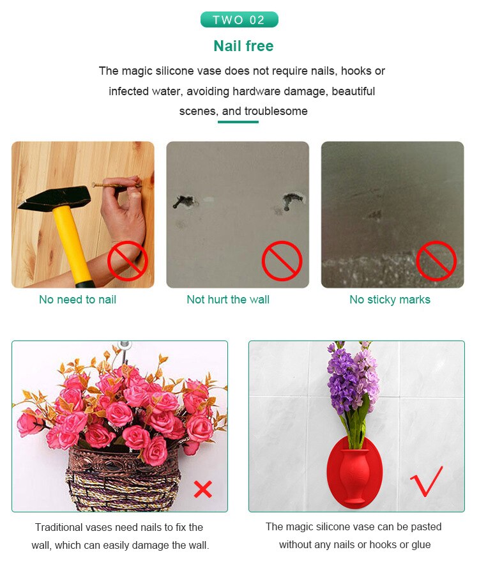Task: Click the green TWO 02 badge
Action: tap(239, 20)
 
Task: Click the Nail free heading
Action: tap(243, 46)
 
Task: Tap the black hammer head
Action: tap(54, 199)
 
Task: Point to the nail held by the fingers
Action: tap(115, 186)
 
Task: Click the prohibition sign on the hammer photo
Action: tap(127, 261)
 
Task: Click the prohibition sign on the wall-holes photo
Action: tap(282, 261)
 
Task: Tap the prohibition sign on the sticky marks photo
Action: tap(436, 261)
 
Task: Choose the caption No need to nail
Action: tap(77, 300)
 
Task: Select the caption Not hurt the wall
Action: tap(228, 300)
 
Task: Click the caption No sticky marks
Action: tap(390, 300)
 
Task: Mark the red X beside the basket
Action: tap(202, 489)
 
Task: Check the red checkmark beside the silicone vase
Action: tap(427, 481)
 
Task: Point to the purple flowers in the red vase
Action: tap(350, 383)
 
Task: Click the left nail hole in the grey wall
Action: tap(182, 202)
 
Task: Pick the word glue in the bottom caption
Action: tap(419, 545)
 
